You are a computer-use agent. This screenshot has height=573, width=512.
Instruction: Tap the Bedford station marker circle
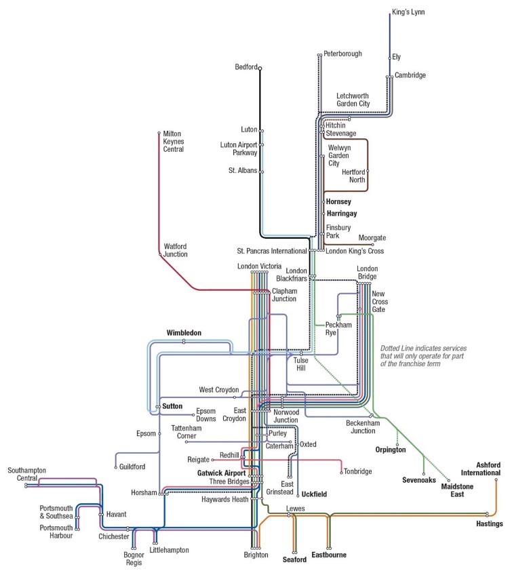(x=260, y=67)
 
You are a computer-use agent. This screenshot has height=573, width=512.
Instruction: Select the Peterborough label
(x=342, y=54)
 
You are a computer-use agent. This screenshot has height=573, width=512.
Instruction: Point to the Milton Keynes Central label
(x=174, y=141)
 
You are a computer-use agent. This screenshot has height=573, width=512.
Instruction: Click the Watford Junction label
(x=175, y=250)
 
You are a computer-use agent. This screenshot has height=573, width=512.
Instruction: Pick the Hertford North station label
(x=353, y=176)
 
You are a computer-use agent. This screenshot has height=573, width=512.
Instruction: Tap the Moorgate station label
(x=372, y=238)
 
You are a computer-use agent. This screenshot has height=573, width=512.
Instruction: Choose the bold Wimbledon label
(x=184, y=333)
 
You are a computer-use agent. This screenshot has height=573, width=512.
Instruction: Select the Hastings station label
(x=489, y=524)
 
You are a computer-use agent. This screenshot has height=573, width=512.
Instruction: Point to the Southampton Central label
(x=22, y=473)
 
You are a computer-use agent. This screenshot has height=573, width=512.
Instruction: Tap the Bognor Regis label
(x=134, y=559)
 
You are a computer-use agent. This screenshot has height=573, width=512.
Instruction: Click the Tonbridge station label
(x=357, y=471)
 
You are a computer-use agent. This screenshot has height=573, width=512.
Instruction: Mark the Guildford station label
(x=132, y=467)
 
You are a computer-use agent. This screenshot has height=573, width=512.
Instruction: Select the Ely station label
(x=396, y=57)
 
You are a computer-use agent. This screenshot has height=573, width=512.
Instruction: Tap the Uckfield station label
(x=314, y=494)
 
